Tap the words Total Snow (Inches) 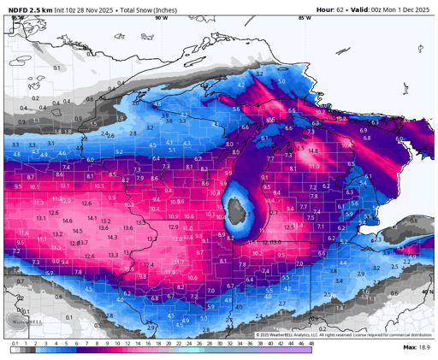[154, 9]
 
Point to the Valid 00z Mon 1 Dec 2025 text [392, 9]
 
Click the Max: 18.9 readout [416, 348]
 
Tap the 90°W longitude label [161, 17]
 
